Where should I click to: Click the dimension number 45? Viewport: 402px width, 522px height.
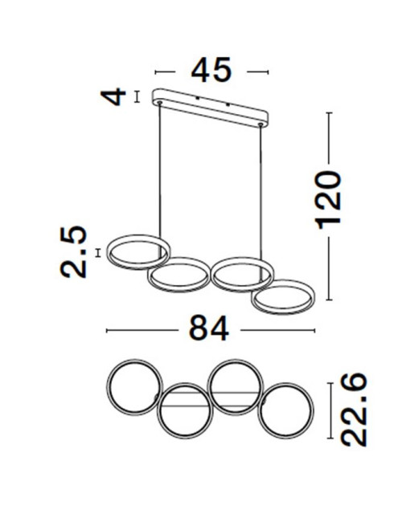click(x=211, y=71)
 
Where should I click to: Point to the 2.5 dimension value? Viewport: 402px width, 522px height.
click(x=74, y=252)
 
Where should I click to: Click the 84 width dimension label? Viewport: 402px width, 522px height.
click(x=208, y=328)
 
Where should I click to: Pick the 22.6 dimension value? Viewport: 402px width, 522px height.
click(x=352, y=409)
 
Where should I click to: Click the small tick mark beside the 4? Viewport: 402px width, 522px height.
click(x=137, y=96)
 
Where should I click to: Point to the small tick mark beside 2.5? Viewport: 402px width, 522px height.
click(x=97, y=252)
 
